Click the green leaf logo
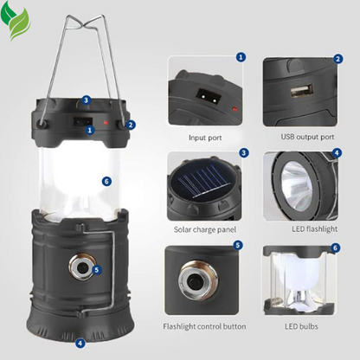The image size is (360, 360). (x=15, y=20)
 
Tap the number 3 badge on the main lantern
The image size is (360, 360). (x=86, y=100)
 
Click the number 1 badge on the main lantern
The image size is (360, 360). (x=90, y=130)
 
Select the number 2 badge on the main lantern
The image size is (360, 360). (x=131, y=125)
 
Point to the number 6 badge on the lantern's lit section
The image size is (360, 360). (x=106, y=181)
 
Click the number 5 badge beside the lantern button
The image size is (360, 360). (x=96, y=270)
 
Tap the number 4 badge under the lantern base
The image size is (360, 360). (x=80, y=344)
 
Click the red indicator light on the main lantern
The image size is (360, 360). (x=106, y=123)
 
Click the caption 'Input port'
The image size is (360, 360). (x=205, y=138)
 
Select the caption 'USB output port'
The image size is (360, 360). (x=307, y=137)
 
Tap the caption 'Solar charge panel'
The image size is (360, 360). (x=205, y=229)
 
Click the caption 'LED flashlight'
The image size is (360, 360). (x=314, y=229)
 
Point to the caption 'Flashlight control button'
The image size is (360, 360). (x=204, y=326)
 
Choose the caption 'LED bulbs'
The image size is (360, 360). (x=301, y=326)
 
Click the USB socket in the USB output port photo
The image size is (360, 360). (x=302, y=91)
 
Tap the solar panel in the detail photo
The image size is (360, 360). (x=202, y=181)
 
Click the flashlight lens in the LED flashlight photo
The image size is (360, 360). (x=297, y=185)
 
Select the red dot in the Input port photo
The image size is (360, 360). (x=235, y=109)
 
